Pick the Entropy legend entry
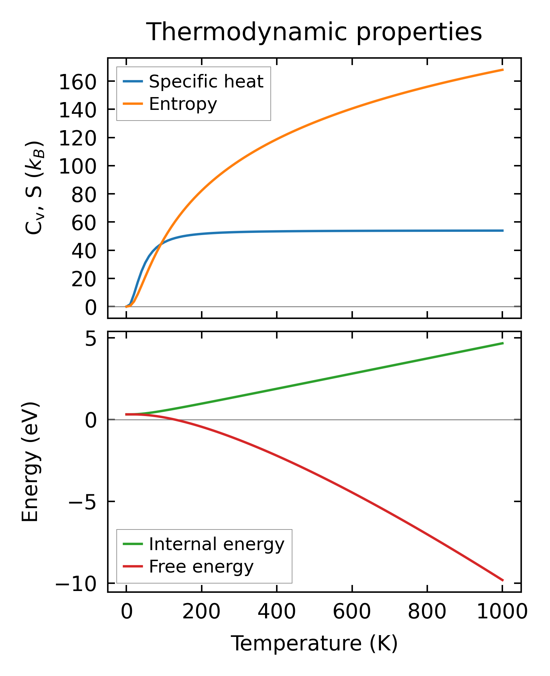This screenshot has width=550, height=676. (x=183, y=104)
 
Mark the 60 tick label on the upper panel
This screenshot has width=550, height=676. (x=84, y=223)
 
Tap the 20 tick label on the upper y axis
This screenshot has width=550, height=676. (x=84, y=279)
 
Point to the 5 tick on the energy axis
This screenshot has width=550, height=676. (x=91, y=340)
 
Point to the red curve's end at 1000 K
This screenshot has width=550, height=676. (x=502, y=581)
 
